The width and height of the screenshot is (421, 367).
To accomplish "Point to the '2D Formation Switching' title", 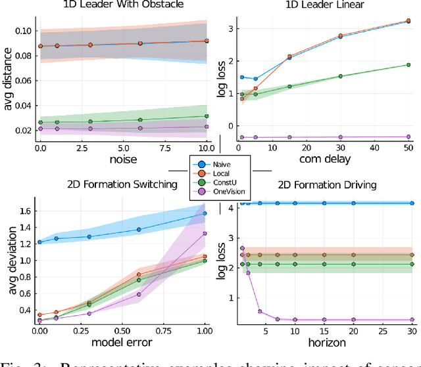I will [123, 184].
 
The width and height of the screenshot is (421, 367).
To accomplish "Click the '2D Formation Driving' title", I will [327, 184].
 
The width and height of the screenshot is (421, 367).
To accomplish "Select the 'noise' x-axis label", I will [123, 159].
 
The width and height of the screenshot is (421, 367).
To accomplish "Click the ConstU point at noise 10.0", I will [206, 116].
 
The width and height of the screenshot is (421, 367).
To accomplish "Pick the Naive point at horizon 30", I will [412, 204].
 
